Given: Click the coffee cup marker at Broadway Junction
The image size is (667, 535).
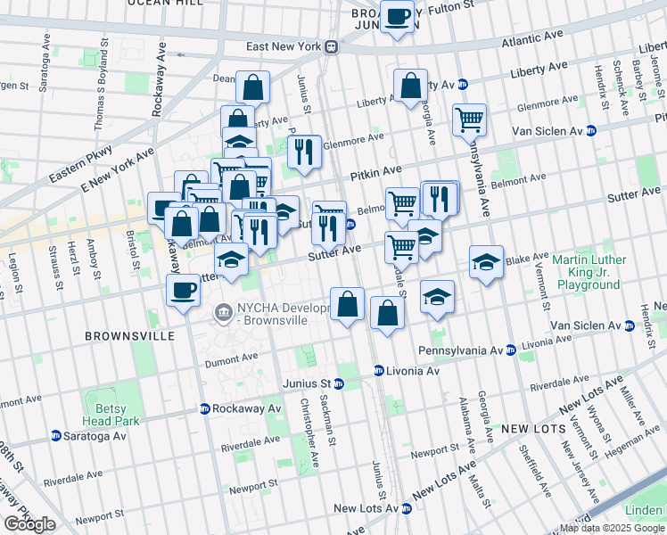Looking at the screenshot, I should pos(397,16).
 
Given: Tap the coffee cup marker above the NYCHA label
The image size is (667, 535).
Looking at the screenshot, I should pos(184,291).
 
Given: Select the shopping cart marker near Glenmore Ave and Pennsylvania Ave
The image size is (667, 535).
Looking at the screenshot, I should pos(469,119).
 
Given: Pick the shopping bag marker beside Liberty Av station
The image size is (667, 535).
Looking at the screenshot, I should pos(411,87).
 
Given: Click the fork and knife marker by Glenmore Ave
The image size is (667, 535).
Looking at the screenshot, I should pos(305,151).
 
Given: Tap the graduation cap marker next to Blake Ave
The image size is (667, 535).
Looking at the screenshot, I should pos(486,262).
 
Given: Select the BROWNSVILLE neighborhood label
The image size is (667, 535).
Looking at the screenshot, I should pos(120,336).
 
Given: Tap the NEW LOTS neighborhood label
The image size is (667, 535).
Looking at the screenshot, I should pos(528,429).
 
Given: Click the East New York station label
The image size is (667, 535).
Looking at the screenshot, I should pos(284,46).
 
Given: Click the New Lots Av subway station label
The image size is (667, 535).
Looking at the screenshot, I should pos(366,508).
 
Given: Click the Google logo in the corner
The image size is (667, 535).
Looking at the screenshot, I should pos(29,524).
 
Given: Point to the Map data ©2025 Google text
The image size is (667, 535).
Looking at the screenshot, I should pos(612,528).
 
